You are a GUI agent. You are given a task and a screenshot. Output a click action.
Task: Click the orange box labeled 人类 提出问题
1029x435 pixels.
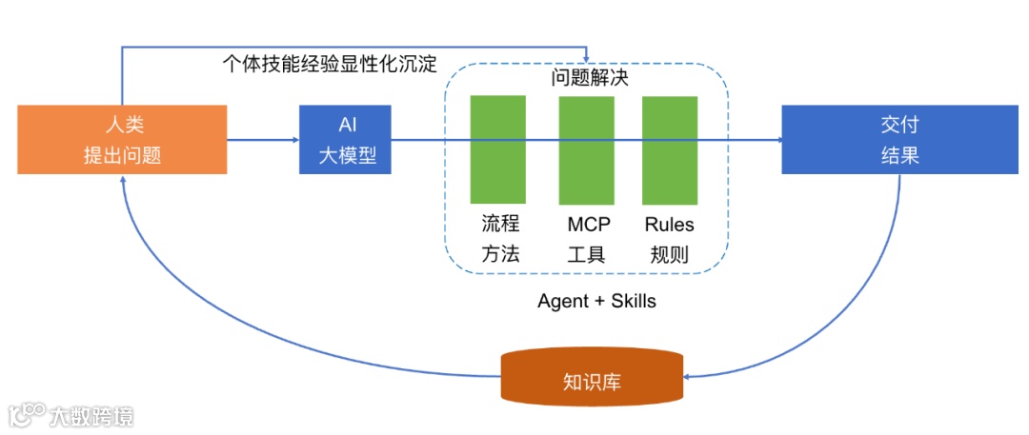[122, 139]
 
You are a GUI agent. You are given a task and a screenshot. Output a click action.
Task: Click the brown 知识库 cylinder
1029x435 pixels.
[592, 378]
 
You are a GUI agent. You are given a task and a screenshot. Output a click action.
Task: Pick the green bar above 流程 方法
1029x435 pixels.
[497, 149]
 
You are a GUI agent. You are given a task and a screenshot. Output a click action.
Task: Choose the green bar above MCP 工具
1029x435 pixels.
[586, 149]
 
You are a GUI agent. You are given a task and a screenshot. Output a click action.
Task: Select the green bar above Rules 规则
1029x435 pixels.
[669, 149]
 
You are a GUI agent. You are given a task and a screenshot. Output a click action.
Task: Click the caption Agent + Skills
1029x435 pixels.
[596, 301]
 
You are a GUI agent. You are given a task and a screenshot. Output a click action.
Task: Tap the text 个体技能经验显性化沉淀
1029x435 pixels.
[329, 64]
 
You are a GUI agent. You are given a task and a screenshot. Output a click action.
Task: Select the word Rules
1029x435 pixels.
[669, 226]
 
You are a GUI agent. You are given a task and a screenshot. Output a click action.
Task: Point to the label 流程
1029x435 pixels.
[500, 226]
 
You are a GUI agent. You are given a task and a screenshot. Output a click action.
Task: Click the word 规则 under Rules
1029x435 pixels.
[669, 254]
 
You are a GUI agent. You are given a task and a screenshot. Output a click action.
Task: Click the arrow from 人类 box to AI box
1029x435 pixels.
[263, 140]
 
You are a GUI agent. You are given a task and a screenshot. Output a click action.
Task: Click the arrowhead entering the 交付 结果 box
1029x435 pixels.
[777, 140]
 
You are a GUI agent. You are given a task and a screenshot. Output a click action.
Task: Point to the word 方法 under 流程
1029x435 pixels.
[500, 254]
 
